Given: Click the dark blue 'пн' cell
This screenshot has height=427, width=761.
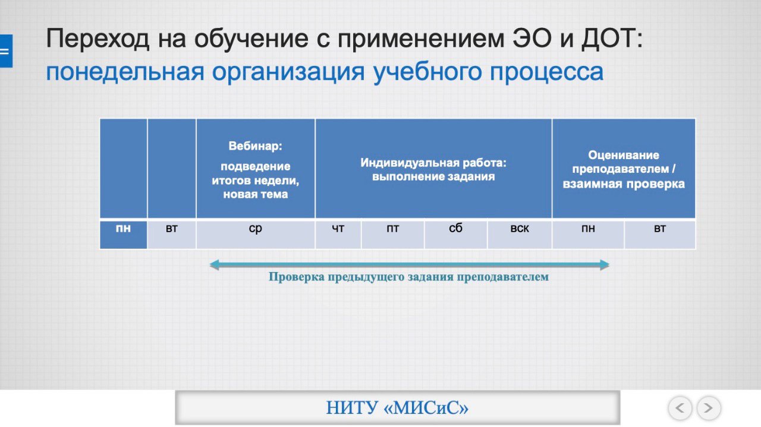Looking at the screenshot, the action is pos(123,235).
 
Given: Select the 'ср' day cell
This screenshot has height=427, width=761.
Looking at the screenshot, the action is pos(256,235).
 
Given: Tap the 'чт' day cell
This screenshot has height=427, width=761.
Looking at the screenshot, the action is pos(338,235).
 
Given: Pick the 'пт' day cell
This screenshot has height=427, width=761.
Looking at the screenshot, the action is pos(393,235).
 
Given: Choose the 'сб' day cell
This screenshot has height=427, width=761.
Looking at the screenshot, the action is pos(456,235).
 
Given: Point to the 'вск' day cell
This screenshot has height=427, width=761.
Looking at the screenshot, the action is pos(520,235).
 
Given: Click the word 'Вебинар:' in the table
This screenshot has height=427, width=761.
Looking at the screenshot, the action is pos(256,146).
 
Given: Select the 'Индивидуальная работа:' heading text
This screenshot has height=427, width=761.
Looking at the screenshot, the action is pos(433,163).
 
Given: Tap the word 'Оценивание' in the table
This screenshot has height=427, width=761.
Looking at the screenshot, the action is pos(624,155).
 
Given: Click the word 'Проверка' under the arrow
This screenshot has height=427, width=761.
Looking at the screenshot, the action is pos(297,277).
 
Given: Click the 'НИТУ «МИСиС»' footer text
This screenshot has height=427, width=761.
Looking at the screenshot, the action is pos(398,407).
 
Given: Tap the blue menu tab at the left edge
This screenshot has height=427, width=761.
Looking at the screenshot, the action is pos(6,51).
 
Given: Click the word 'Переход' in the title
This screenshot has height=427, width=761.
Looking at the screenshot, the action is pos(98,39).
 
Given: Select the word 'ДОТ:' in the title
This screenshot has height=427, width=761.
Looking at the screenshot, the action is pos(612,38).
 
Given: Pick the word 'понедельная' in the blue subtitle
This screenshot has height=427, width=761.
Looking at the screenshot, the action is pos(125,72).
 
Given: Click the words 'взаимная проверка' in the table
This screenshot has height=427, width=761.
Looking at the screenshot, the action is pos(624,184).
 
